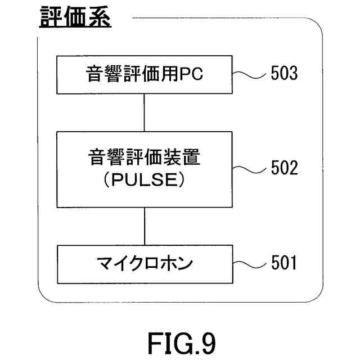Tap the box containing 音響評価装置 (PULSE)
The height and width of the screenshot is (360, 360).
(x=145, y=169)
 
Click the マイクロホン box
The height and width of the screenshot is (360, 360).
(x=145, y=263)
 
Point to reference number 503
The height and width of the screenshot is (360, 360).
(x=283, y=74)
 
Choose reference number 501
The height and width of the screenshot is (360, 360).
(x=283, y=263)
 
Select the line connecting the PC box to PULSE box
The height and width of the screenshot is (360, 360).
(x=145, y=112)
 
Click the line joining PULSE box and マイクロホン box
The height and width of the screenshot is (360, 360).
(x=145, y=226)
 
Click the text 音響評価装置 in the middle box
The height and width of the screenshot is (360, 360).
(x=145, y=157)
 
